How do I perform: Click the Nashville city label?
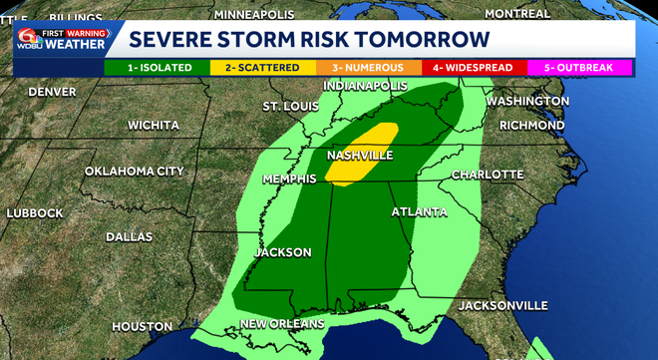[360, 156]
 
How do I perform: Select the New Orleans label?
[282, 324]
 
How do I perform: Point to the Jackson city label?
[282, 252]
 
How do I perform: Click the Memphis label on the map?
[289, 179]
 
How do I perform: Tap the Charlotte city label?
[488, 175]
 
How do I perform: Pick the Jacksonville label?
[502, 304]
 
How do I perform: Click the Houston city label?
[143, 326]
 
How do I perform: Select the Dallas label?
[129, 237]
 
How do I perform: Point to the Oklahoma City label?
[134, 172]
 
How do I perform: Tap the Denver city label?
[52, 92]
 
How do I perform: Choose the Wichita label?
[154, 126]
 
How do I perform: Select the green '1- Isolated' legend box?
[157, 68]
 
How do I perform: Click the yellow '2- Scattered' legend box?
[262, 68]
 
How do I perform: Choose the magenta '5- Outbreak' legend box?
[581, 68]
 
